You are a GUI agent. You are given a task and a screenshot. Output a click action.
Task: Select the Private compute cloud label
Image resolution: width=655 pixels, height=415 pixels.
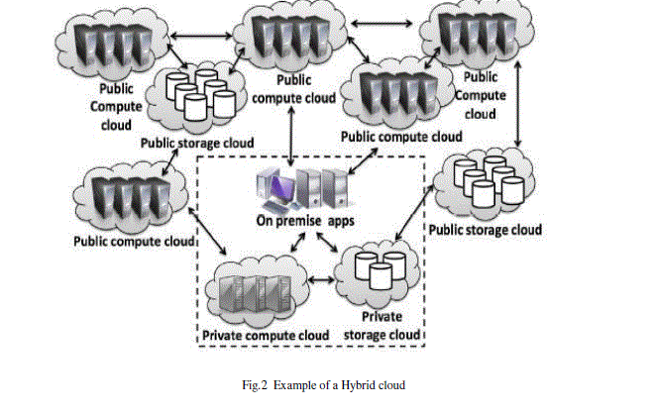(x=265, y=337)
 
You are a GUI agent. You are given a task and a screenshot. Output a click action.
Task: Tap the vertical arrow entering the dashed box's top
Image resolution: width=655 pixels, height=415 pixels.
(x=288, y=138)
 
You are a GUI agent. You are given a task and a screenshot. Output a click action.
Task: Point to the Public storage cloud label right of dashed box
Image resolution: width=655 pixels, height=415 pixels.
(x=485, y=230)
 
